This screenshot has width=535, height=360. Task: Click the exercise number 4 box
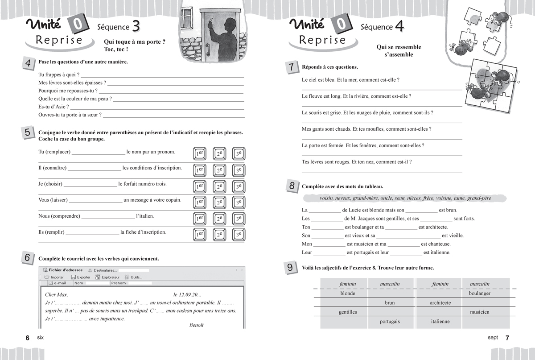[x=28, y=63]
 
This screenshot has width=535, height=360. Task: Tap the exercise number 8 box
[x=291, y=186]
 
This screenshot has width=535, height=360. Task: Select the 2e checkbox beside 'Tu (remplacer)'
[x=219, y=154]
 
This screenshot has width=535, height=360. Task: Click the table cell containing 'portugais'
[x=390, y=322]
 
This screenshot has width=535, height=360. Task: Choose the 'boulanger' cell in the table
[x=479, y=293]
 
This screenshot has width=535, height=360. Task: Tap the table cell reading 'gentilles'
[x=348, y=312]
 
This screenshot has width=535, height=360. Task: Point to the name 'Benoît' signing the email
[x=196, y=325]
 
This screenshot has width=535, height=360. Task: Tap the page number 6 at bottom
[x=27, y=338]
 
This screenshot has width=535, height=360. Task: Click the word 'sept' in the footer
[x=493, y=338]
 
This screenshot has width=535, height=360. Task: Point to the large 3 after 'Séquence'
[x=136, y=27]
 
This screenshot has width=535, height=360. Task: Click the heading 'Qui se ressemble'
[x=399, y=47]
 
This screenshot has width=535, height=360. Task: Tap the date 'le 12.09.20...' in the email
[x=187, y=294]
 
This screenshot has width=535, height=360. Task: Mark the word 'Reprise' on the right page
[x=322, y=40]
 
